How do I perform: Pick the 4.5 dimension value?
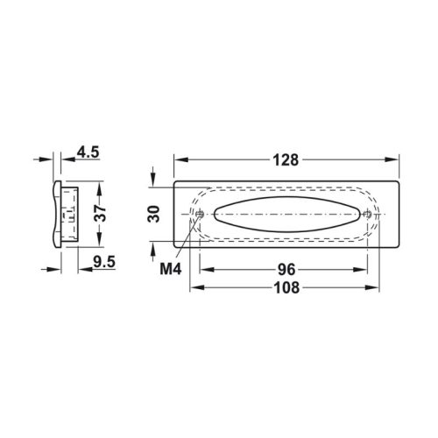click(x=88, y=152)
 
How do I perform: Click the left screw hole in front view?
click(x=201, y=213)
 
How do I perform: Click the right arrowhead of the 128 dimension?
click(x=396, y=160)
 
